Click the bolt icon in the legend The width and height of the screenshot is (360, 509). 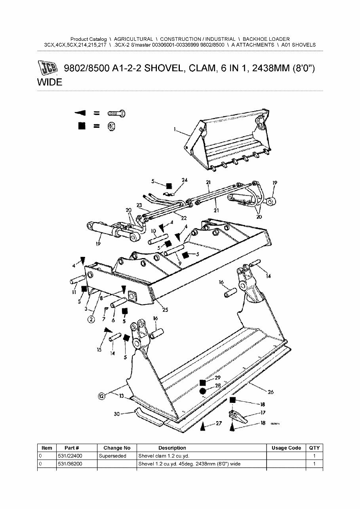pos(117,113)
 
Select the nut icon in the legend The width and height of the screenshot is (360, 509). pos(111,126)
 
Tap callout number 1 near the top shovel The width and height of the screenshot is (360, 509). pos(175,129)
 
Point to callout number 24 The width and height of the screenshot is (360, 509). pos(184,180)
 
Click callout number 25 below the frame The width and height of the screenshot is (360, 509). pos(165,310)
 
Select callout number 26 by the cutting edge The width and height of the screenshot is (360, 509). pos(270,392)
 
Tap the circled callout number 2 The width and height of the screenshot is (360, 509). pos(91,319)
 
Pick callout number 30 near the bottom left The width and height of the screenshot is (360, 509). pos(117,414)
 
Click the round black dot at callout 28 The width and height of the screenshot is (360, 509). pos(202,391)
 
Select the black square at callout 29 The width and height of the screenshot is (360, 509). pos(202,382)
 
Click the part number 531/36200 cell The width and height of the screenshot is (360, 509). pos(70,463)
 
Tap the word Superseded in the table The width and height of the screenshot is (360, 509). pos(112,456)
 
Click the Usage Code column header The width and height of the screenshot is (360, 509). pos(286,448)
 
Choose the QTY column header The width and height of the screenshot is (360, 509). pos(314,448)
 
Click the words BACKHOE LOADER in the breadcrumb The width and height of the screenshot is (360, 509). pos(266,39)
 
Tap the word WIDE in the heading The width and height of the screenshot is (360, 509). pos(50,82)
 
